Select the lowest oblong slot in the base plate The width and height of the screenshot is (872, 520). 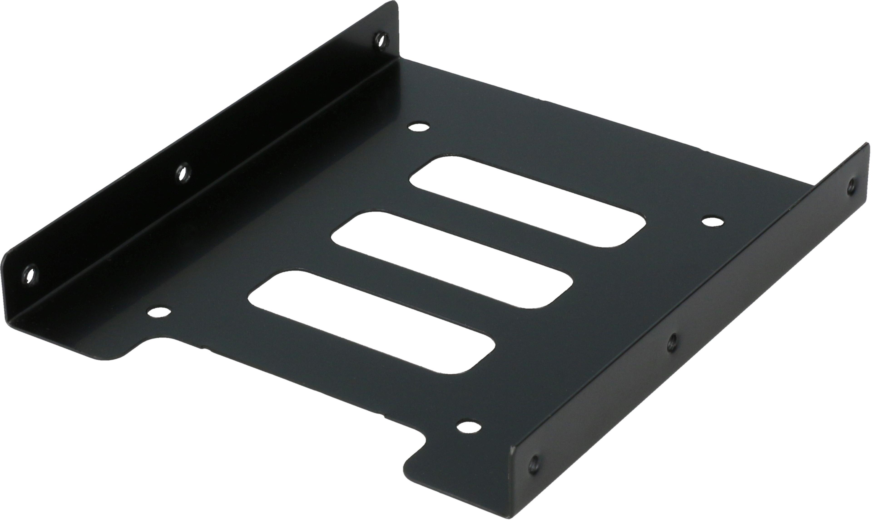[372, 322]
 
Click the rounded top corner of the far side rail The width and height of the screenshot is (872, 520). [394, 5]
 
